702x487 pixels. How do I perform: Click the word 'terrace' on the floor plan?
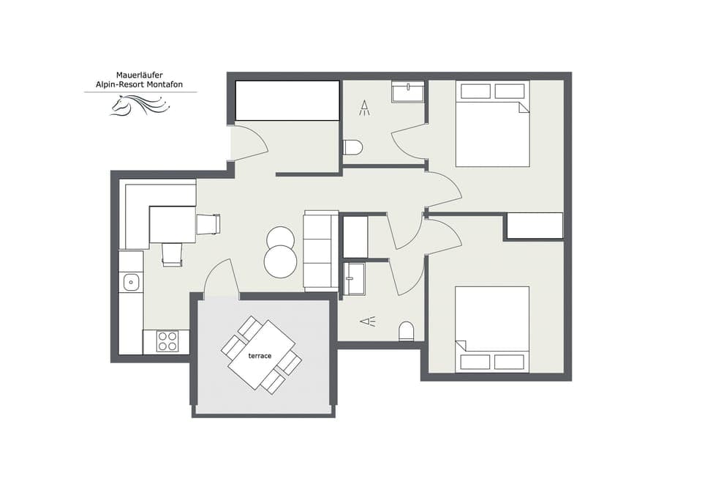260,356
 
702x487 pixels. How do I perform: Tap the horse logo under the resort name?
139,107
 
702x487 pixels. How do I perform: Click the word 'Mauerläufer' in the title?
139,75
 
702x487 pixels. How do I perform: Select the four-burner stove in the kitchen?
167,341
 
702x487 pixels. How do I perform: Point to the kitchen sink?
132,281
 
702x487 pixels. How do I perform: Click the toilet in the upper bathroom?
353,147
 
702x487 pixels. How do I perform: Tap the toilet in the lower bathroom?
407,332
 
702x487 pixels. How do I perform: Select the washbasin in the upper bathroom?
407,92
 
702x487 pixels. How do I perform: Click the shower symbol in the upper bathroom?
364,109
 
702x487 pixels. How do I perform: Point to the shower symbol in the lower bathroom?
367,321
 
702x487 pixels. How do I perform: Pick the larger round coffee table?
281,261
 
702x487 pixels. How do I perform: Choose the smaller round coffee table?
280,238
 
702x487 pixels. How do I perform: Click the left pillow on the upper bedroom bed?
475,91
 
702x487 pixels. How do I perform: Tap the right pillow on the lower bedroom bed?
509,362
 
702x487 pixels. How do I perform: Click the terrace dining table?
260,355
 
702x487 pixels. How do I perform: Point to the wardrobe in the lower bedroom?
535,226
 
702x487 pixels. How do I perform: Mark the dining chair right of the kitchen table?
208,224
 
